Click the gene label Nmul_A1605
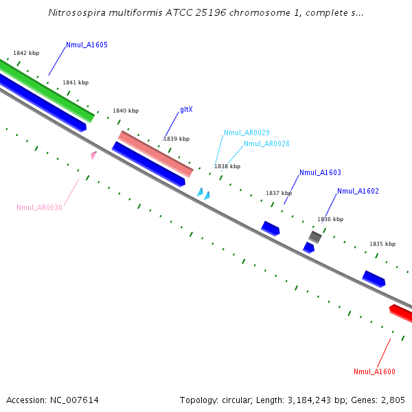point(87,45)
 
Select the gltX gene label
point(186,109)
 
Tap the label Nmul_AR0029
point(247,133)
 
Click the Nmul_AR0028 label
point(266,144)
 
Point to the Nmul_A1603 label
point(320,172)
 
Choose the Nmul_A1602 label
point(358,191)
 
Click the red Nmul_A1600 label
point(374,371)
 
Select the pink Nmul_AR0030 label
point(39,207)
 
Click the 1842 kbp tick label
point(26,53)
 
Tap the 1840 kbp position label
point(126,111)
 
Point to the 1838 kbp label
point(227,166)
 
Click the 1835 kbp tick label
point(382,244)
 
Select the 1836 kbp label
point(330,219)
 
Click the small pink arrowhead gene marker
point(93,155)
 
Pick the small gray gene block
point(315,237)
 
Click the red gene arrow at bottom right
point(400,313)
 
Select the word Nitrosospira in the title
point(77,12)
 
